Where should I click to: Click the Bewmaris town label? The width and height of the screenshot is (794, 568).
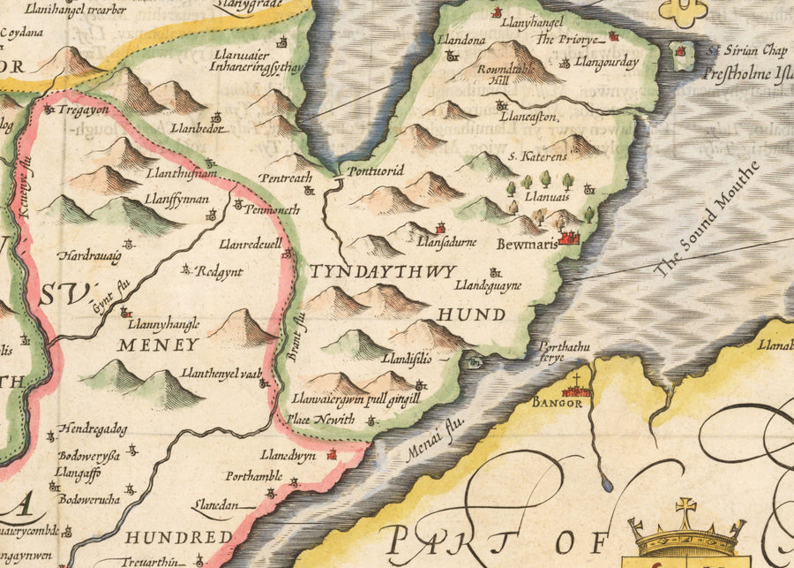(x=528, y=244)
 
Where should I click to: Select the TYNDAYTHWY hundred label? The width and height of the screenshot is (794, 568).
(x=382, y=271)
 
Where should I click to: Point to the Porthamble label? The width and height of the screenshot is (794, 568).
(x=253, y=476)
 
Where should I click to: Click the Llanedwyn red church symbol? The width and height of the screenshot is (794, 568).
(x=333, y=455)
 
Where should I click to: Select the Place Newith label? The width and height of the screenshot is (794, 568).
(x=322, y=420)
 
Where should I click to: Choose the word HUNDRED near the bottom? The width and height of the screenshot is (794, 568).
(x=177, y=536)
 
